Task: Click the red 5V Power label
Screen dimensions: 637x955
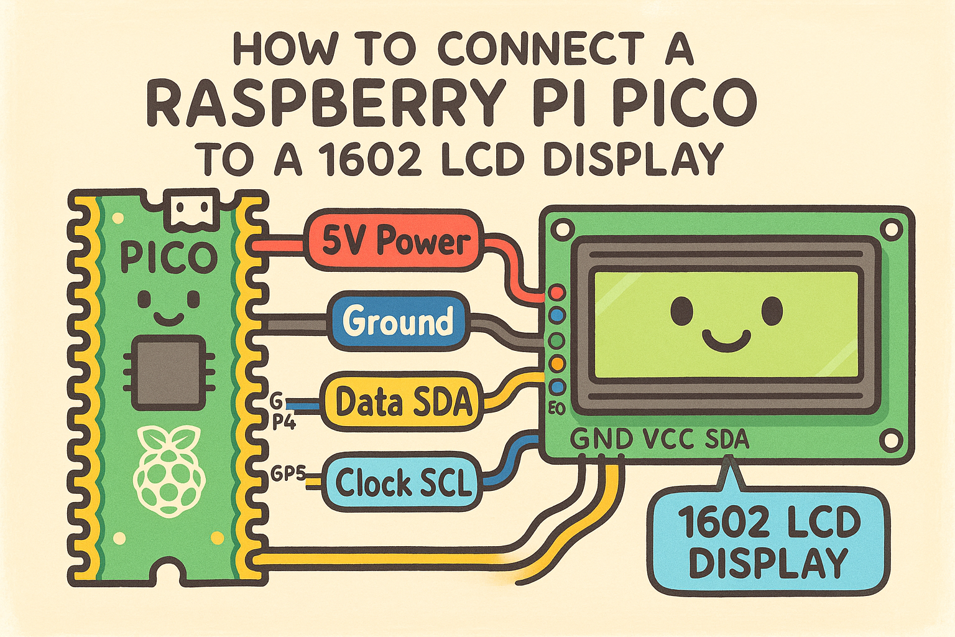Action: (x=393, y=241)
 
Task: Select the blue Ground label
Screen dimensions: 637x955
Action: (x=398, y=322)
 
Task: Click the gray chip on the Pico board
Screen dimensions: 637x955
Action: (x=169, y=372)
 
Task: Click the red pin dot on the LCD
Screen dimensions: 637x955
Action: (x=557, y=292)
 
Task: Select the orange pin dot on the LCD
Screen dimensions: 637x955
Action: (x=557, y=363)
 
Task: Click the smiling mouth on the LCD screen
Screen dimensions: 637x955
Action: (x=726, y=340)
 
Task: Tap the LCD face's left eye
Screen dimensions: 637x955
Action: (x=681, y=309)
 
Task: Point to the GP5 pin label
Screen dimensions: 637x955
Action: (x=287, y=474)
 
